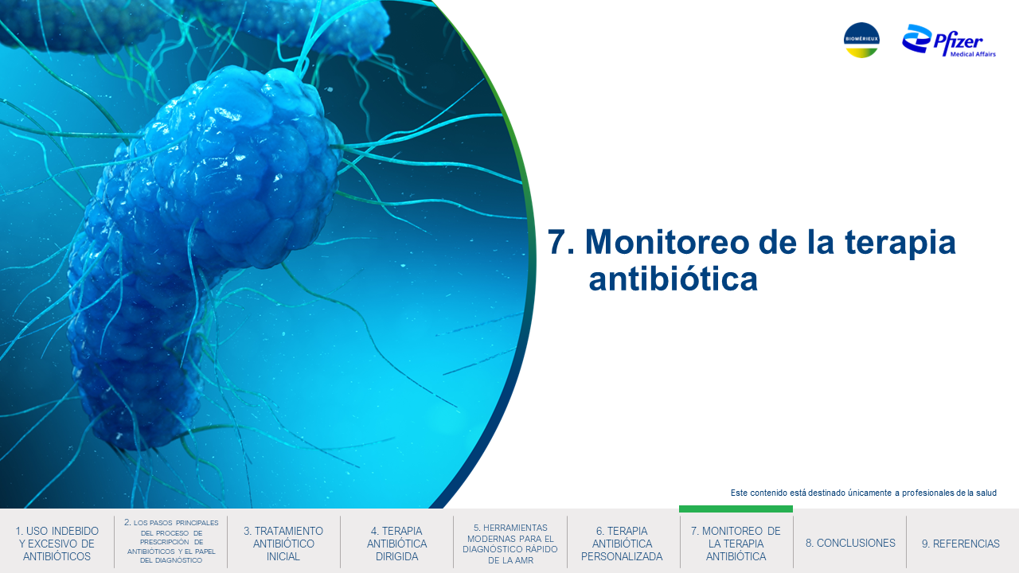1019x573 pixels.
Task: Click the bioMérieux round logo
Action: (x=861, y=40)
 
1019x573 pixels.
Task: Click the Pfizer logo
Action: (x=949, y=40)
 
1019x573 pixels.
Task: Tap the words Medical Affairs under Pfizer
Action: (x=973, y=54)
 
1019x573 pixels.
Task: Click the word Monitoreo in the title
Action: (x=667, y=242)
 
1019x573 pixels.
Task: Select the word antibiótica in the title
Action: (x=673, y=279)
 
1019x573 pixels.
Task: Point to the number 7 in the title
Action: (x=556, y=242)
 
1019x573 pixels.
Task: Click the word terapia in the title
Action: (x=900, y=244)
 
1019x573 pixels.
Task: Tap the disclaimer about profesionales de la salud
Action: (x=864, y=493)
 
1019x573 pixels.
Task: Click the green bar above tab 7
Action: (x=736, y=509)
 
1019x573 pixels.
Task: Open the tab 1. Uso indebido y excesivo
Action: (x=57, y=544)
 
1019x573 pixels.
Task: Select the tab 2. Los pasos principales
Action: (x=170, y=542)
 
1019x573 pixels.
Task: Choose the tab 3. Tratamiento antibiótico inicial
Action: (x=283, y=544)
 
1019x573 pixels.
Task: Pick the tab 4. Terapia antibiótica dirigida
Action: (x=396, y=544)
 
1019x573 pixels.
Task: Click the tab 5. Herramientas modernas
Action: (x=510, y=544)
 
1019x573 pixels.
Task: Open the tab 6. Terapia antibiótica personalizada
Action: (x=622, y=544)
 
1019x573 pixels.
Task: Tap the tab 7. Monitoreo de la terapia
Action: (x=736, y=544)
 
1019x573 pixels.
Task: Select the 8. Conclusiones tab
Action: (x=849, y=543)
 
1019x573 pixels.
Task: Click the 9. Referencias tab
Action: (x=961, y=544)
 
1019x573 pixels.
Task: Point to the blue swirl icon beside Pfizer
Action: (x=916, y=38)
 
